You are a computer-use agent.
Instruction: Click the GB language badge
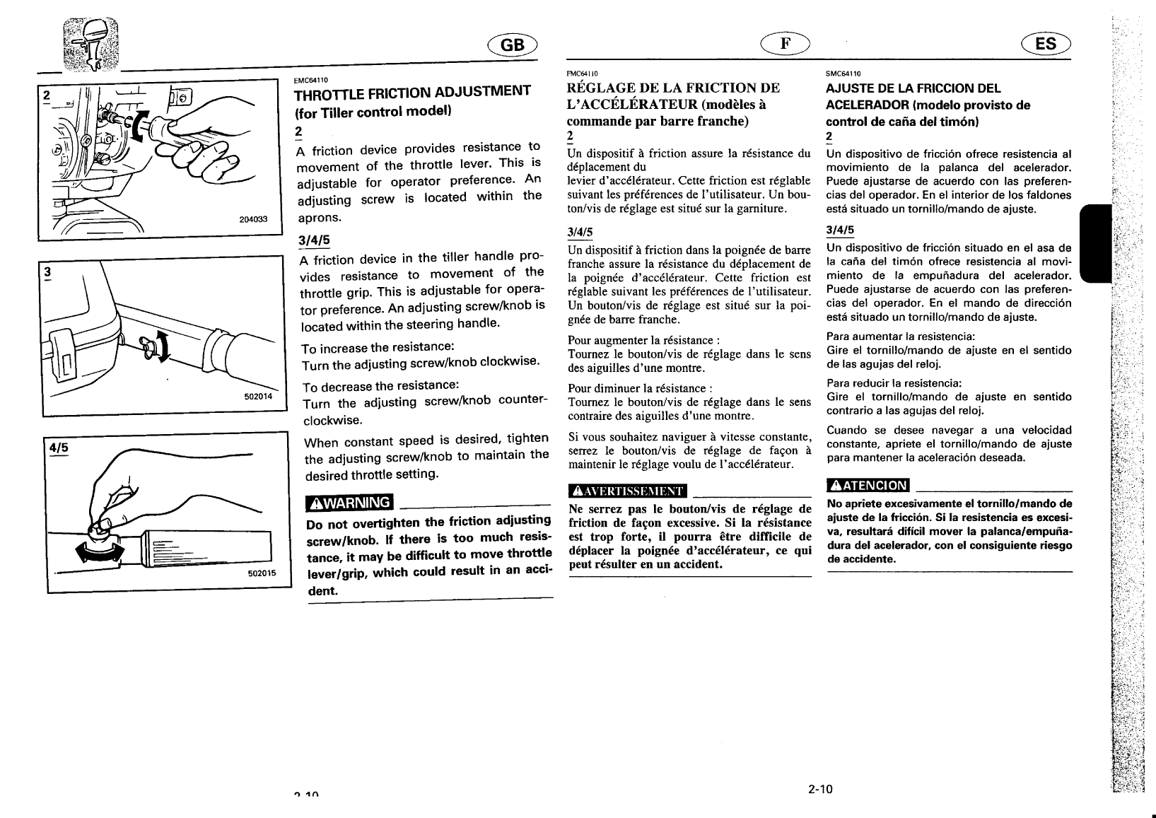pyautogui.click(x=513, y=45)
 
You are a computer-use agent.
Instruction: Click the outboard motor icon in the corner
pyautogui.click(x=91, y=42)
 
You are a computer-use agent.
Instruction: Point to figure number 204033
pyautogui.click(x=254, y=219)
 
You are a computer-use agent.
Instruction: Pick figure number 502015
pyautogui.click(x=262, y=574)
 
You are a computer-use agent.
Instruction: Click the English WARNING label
pyautogui.click(x=349, y=503)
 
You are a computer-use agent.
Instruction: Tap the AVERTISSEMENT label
pyautogui.click(x=628, y=491)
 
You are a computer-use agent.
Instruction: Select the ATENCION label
pyautogui.click(x=868, y=485)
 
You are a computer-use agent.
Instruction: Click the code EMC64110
pyautogui.click(x=310, y=80)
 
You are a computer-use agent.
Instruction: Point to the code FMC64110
pyautogui.click(x=583, y=74)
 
